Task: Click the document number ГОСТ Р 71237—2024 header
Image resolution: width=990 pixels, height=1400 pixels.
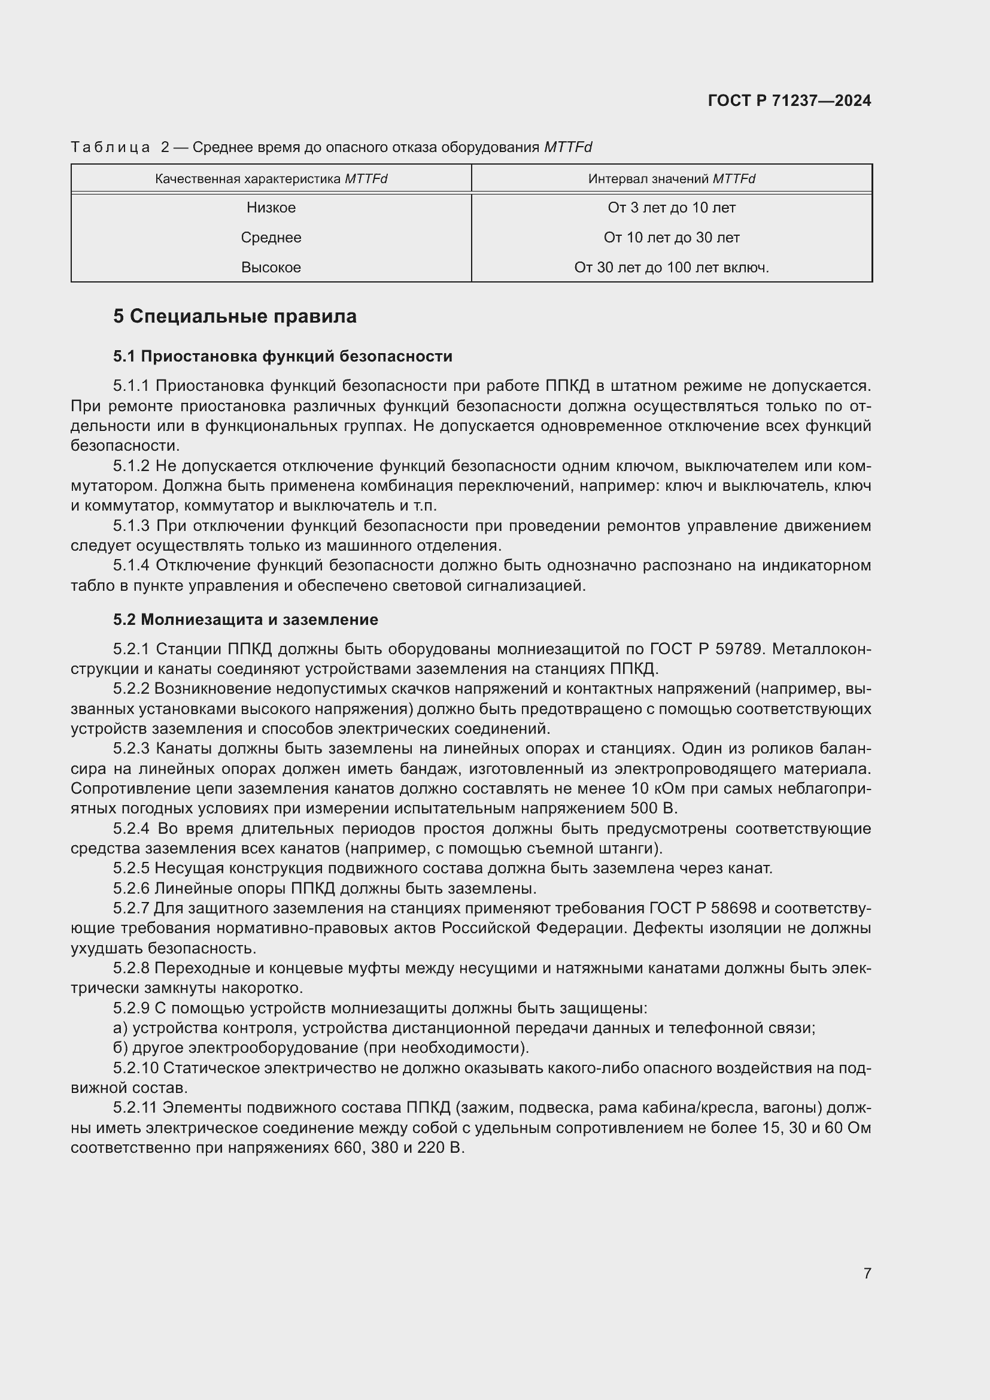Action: [789, 101]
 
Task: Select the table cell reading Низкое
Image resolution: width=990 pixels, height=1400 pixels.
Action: [271, 208]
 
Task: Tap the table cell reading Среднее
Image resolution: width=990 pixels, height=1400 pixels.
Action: [271, 238]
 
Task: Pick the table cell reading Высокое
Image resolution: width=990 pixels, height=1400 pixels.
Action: [271, 268]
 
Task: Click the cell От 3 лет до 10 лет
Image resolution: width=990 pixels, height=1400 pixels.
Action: [671, 208]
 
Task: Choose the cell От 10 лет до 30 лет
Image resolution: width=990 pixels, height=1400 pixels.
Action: [671, 238]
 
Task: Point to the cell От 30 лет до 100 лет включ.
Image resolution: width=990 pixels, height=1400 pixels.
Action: [671, 268]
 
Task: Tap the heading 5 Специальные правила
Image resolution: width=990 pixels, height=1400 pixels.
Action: [235, 317]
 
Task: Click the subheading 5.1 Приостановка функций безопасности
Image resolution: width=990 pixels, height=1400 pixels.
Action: [283, 357]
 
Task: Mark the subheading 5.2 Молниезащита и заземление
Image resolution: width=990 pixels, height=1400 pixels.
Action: [245, 620]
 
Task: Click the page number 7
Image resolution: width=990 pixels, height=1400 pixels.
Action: [867, 1273]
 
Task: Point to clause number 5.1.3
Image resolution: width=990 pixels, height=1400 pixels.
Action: [131, 526]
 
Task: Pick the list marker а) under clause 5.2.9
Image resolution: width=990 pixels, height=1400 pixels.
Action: [120, 1028]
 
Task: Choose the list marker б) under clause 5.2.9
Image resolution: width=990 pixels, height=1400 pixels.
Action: [120, 1048]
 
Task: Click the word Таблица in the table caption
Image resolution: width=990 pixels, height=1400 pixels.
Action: [110, 148]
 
